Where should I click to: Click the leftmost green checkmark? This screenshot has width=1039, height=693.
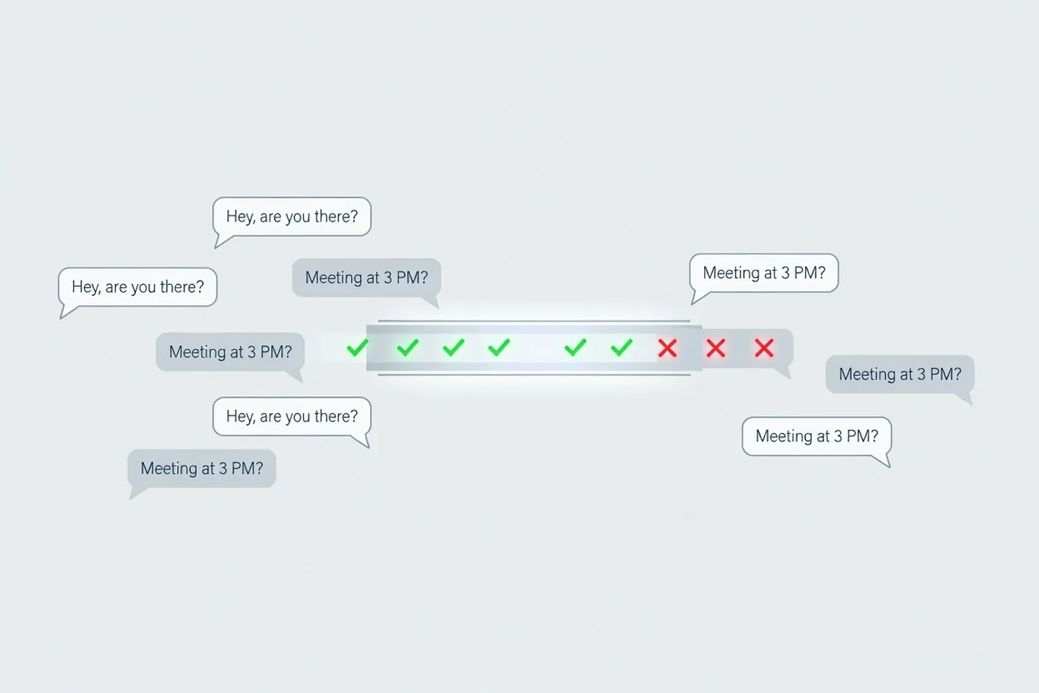[x=358, y=348]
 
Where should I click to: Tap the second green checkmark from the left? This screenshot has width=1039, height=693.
[x=408, y=348]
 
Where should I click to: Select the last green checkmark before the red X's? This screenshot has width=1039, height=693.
[x=622, y=348]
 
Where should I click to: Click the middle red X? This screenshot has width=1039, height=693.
[x=716, y=348]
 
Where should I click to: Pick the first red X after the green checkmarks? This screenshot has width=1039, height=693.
[x=668, y=348]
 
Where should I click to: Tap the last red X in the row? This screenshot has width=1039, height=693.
[x=764, y=348]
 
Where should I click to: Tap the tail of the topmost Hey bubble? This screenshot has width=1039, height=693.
[x=222, y=242]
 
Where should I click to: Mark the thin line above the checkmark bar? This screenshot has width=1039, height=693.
[x=534, y=321]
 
